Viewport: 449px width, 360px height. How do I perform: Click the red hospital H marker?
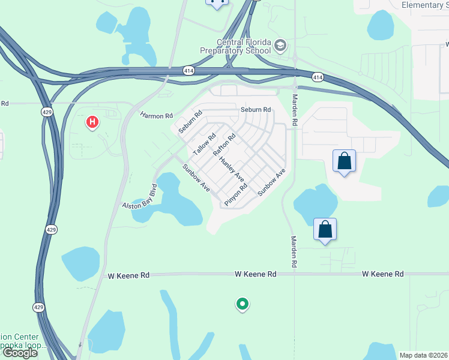point(92,122)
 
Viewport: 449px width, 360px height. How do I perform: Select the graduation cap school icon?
point(280,46)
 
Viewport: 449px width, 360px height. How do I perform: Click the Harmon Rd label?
point(156,115)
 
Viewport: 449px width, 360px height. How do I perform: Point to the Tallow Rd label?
point(204,144)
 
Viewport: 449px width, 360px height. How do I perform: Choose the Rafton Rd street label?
point(224,145)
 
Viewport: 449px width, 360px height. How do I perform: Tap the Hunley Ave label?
point(232,169)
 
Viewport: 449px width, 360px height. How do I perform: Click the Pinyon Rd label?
point(236,195)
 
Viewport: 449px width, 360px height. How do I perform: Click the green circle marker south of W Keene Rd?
point(243,305)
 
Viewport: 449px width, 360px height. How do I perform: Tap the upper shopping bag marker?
point(344,161)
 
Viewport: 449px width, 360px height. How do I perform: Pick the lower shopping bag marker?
point(325,229)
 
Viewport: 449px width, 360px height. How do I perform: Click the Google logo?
point(20,353)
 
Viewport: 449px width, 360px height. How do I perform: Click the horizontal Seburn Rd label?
point(256,110)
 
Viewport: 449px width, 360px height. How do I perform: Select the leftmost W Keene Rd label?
point(128,276)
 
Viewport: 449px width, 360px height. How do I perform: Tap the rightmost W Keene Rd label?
point(383,274)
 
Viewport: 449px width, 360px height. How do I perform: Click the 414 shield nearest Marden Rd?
point(318,77)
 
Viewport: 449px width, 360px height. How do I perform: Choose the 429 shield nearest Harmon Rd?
point(47,112)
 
